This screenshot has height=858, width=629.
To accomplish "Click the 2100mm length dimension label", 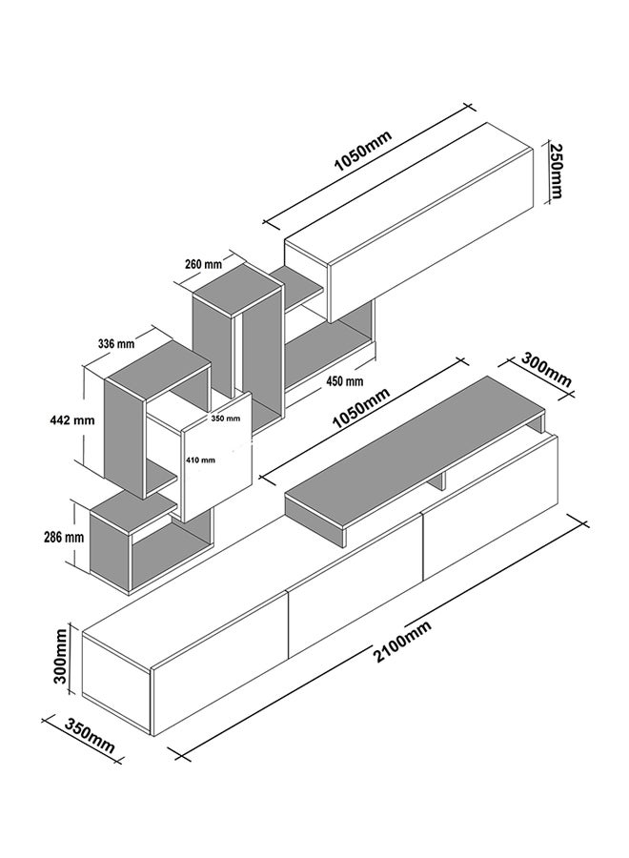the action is (402, 642).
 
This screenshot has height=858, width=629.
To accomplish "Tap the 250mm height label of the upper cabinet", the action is (556, 172).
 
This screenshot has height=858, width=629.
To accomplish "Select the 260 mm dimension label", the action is (203, 265).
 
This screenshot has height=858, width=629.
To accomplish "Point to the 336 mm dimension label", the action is (116, 344).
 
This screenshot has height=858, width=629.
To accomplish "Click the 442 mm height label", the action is (70, 420).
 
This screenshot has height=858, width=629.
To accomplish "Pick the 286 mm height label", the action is (64, 537).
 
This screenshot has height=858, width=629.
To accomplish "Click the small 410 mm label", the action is (200, 460).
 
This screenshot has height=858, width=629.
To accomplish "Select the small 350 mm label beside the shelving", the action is (225, 419).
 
